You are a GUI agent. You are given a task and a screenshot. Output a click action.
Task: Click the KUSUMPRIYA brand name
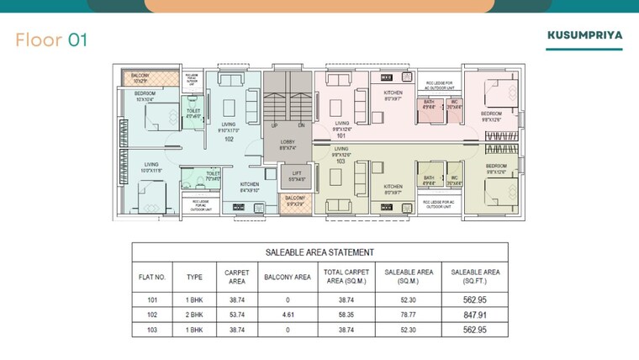pos(584,36)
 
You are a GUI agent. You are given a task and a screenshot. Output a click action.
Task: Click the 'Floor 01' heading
pos(51,40)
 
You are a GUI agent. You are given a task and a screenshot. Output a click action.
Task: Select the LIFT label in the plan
pos(296,173)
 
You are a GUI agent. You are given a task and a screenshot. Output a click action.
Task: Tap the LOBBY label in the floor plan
pos(287,143)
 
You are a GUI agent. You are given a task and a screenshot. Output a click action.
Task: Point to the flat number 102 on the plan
pos(229,140)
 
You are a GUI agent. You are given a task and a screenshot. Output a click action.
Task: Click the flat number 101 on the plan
pos(341,135)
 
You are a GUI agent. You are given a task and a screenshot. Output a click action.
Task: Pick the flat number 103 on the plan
pos(341,160)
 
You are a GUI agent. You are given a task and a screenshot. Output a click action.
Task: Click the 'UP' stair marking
pos(273,124)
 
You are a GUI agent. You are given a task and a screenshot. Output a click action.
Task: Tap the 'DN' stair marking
pos(300,124)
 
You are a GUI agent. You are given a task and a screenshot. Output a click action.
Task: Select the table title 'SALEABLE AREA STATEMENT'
pos(319,252)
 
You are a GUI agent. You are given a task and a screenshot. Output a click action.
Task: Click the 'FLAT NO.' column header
pos(152,276)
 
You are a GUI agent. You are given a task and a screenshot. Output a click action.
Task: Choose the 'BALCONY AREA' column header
pos(288,276)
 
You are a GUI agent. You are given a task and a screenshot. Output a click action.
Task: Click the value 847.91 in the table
pos(475,315)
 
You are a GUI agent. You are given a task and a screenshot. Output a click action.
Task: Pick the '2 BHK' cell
pos(194,315)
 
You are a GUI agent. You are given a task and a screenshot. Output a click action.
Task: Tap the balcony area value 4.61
pos(288,315)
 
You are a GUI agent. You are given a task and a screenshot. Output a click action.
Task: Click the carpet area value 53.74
pos(235,315)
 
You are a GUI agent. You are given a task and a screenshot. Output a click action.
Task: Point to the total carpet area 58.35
pos(347,315)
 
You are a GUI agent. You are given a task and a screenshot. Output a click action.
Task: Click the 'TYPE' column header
pos(194,276)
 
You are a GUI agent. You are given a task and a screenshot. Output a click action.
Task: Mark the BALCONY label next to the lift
pos(294,199)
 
